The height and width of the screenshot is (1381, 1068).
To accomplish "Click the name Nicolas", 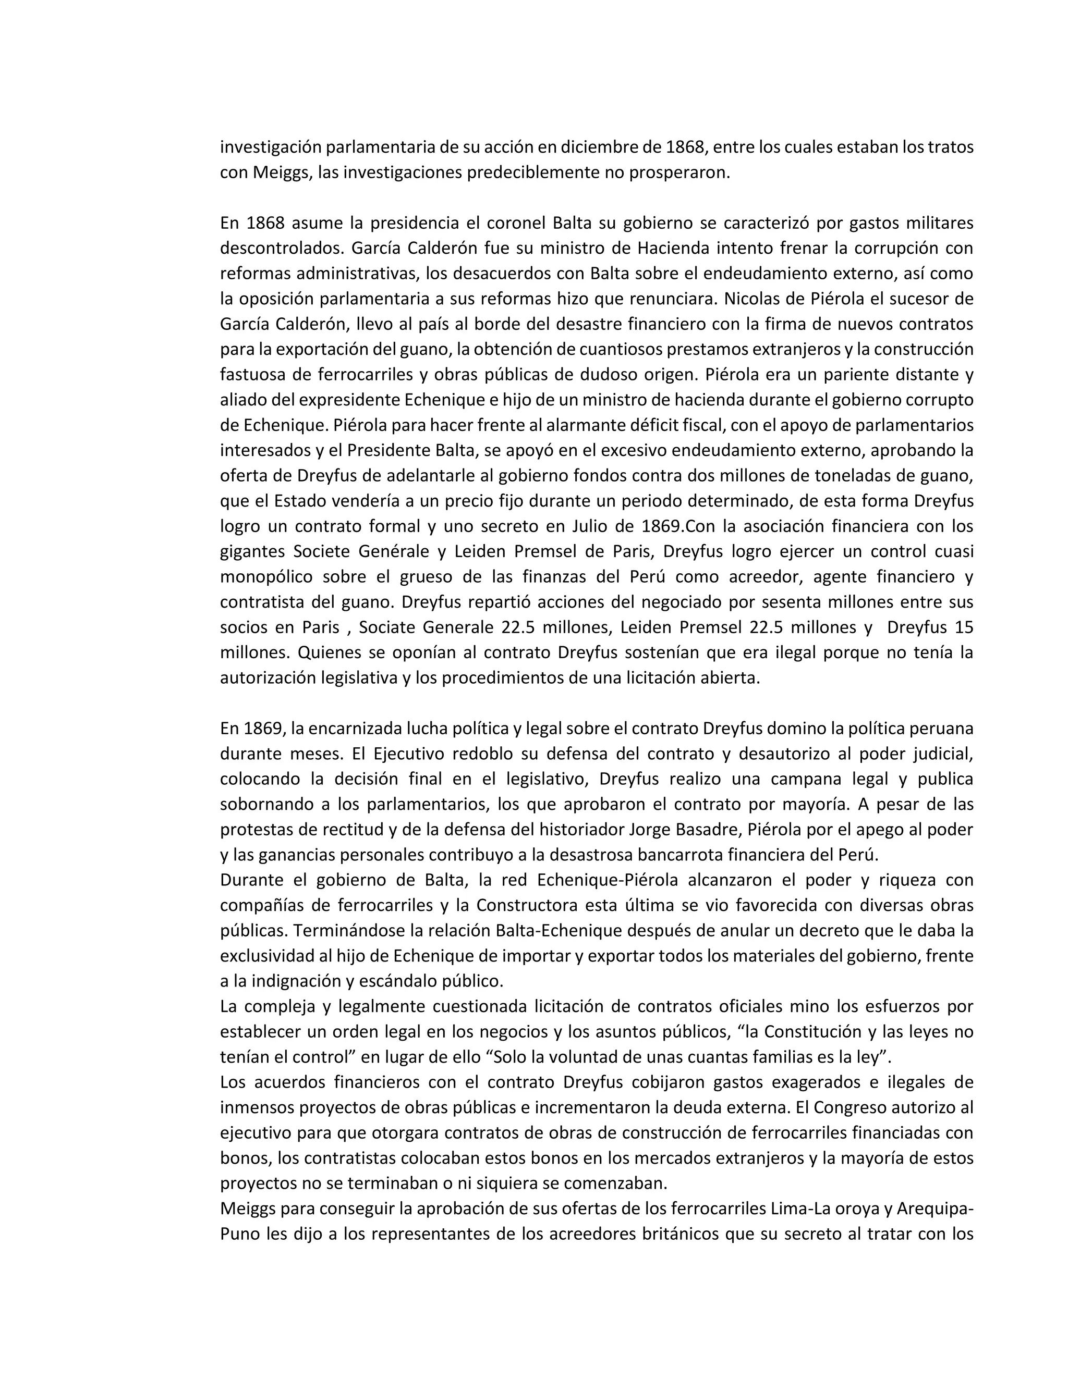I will click(x=753, y=299).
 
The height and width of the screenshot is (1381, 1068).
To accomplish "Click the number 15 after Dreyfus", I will click(x=964, y=628).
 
